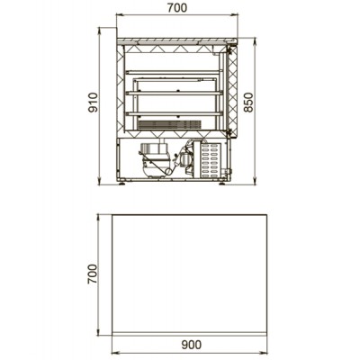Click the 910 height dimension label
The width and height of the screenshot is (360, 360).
(93, 103)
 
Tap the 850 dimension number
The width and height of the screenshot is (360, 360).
(248, 103)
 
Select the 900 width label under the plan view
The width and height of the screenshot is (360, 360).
(192, 345)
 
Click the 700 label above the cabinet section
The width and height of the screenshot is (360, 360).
(177, 8)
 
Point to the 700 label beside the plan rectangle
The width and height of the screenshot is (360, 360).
(93, 274)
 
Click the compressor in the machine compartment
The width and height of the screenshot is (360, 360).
(155, 159)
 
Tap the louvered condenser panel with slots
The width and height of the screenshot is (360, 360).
(210, 159)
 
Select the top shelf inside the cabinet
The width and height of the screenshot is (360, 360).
(175, 72)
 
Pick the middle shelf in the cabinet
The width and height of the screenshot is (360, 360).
(175, 93)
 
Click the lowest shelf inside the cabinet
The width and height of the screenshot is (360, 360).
(175, 113)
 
